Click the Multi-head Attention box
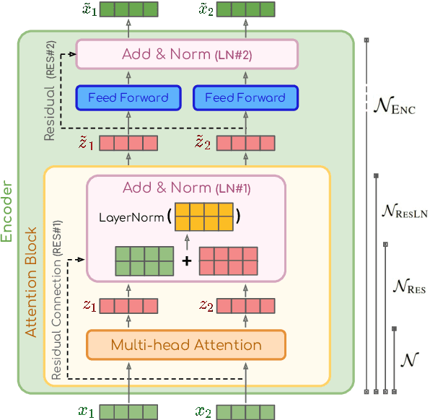186,345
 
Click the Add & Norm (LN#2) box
187,53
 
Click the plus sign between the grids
187,261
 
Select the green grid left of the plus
145,261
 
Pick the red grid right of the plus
228,261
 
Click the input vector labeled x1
128,412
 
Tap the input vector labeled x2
245,412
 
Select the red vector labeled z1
128,306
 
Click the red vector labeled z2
245,306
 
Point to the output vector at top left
128,9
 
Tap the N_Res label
408,287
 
